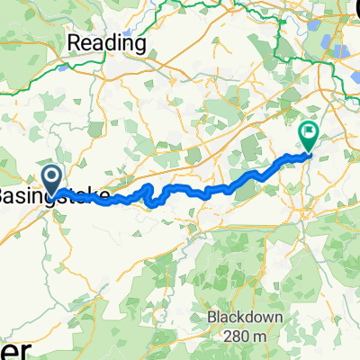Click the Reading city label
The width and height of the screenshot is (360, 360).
(x=109, y=42)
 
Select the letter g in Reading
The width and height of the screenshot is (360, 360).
(x=140, y=44)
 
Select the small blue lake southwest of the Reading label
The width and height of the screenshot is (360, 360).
(x=61, y=66)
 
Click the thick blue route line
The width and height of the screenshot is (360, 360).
(x=180, y=191)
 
